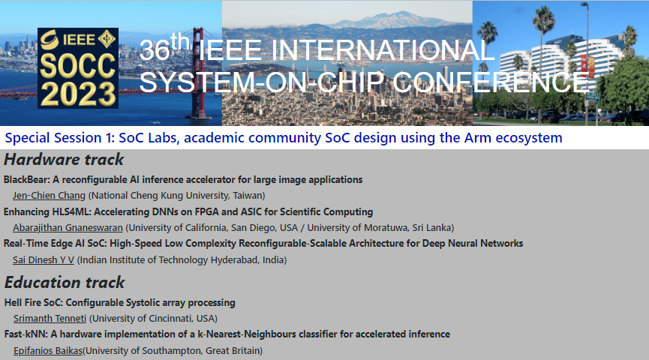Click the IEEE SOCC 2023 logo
click(x=78, y=68)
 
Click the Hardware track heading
click(x=64, y=160)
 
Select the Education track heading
click(x=65, y=283)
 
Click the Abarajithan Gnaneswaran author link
click(x=68, y=227)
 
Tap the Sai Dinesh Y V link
click(x=44, y=259)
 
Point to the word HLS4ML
click(x=70, y=211)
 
